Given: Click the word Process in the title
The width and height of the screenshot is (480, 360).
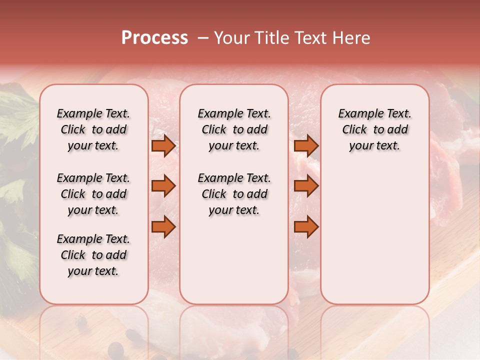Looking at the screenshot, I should coord(154,38).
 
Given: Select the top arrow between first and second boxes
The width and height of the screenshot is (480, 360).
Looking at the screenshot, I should coord(163,146).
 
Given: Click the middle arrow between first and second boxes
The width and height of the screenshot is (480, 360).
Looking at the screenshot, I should coord(163,186).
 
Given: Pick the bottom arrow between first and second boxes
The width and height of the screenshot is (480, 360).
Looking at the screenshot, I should coord(163,227).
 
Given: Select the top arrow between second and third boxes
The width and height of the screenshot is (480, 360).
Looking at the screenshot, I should coord(306,146).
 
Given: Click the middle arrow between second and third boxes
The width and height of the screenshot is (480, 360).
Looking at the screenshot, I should coord(306,186).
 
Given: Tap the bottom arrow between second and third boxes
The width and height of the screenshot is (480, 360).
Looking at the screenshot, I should coord(306,227).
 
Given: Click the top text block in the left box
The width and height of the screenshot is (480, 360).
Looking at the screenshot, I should coord(93,129).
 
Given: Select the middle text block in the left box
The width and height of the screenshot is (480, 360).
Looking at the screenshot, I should coord(93,194).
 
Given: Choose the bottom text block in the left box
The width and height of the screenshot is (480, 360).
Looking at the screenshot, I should coord(93,255).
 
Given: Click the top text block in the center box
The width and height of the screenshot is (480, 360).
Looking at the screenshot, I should coord(234,129).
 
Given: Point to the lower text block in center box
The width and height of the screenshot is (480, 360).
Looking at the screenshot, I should coord(234,194).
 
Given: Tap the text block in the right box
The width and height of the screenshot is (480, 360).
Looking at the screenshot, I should coord(375,129).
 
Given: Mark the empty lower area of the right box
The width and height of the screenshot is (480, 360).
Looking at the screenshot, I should coord(375,230).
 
